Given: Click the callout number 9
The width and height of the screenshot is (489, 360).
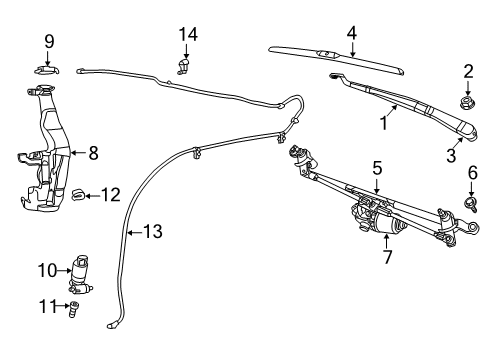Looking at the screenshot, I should [x=49, y=41].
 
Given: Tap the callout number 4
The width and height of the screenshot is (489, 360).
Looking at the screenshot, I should [x=351, y=32].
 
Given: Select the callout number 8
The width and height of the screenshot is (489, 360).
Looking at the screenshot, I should [x=93, y=153].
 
